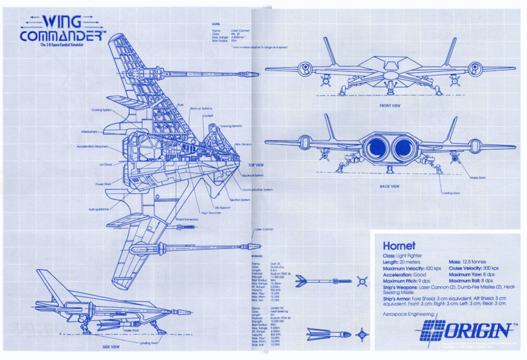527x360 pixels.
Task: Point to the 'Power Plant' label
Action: pyautogui.click(x=103, y=184)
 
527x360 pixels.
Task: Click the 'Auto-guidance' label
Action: pyautogui.click(x=99, y=209)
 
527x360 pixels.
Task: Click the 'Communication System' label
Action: pyautogui.click(x=258, y=189)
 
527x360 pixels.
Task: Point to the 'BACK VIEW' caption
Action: pyautogui.click(x=390, y=187)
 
